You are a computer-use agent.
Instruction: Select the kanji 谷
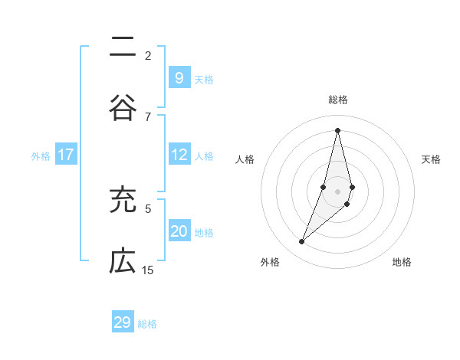click(x=122, y=109)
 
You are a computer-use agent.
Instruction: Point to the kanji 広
click(x=122, y=262)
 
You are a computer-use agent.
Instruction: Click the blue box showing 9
click(x=179, y=77)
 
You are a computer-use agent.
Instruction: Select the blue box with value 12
click(x=179, y=155)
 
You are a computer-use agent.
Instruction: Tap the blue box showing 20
click(x=179, y=231)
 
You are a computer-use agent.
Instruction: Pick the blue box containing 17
click(x=66, y=155)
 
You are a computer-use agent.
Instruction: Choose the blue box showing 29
click(x=122, y=322)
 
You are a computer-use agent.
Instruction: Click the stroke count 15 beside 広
click(x=147, y=270)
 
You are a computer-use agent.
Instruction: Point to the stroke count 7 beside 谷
click(x=147, y=116)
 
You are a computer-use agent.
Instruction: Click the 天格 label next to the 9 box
click(x=204, y=79)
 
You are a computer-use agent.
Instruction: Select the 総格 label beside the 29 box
click(x=147, y=324)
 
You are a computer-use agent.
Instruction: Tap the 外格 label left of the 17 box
click(x=41, y=155)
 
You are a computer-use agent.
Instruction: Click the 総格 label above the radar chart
click(x=338, y=100)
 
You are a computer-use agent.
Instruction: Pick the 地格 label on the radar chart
click(x=402, y=262)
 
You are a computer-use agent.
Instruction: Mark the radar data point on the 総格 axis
click(x=337, y=129)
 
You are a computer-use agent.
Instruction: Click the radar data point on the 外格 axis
click(x=301, y=242)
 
